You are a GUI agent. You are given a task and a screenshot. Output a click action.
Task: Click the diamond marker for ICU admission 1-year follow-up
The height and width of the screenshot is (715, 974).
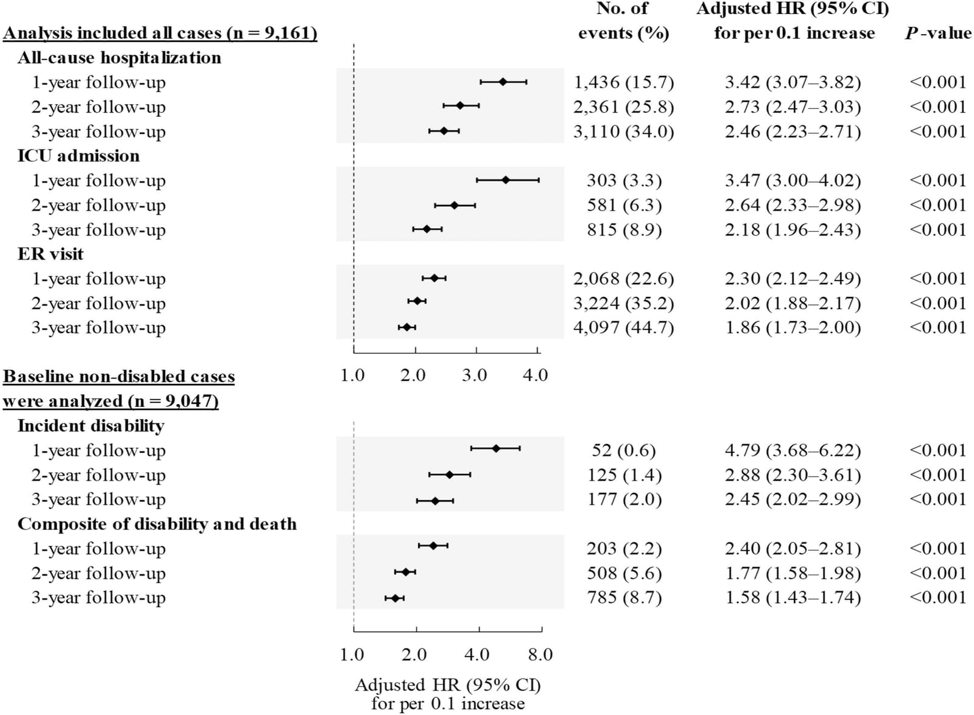505,180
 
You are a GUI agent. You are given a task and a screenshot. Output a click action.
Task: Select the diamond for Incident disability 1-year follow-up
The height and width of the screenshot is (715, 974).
496,448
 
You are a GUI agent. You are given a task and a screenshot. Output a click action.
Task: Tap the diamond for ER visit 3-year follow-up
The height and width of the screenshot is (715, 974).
407,327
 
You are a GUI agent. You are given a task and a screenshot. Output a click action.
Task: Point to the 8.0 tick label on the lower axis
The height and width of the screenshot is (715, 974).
541,654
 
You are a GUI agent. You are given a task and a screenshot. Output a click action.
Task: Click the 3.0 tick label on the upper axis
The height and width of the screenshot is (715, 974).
474,375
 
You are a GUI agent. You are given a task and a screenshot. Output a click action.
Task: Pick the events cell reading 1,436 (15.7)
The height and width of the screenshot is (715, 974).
623,82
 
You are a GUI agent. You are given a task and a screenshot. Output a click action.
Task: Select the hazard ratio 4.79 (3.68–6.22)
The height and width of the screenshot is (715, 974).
793,450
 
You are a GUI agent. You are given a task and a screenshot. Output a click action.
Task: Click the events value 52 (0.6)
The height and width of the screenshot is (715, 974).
623,450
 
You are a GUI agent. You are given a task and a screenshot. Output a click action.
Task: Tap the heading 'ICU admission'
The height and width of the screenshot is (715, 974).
79,156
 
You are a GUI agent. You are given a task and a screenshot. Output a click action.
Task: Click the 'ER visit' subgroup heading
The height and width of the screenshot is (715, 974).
51,254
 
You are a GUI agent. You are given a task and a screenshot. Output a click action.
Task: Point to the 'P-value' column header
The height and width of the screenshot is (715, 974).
938,33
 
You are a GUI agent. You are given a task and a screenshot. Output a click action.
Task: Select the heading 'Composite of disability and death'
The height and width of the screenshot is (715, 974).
157,524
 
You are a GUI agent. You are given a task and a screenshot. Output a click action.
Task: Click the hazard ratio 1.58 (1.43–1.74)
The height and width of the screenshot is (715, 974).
793,598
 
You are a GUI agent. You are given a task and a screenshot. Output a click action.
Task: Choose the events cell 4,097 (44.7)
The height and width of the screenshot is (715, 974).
623,327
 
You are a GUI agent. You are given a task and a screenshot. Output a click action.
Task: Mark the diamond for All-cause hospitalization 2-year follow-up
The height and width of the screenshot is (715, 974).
460,105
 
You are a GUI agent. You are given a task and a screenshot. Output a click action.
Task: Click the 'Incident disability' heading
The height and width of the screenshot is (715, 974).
91,426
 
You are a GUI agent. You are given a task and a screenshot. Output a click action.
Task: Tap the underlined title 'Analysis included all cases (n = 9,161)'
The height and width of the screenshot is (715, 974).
160,33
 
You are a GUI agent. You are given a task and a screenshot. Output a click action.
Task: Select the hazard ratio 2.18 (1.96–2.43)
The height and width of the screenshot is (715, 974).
793,229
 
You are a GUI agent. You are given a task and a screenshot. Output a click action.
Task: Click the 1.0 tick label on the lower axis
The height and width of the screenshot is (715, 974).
352,654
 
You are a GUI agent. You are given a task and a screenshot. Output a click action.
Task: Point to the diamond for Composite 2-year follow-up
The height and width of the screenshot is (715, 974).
405,572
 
